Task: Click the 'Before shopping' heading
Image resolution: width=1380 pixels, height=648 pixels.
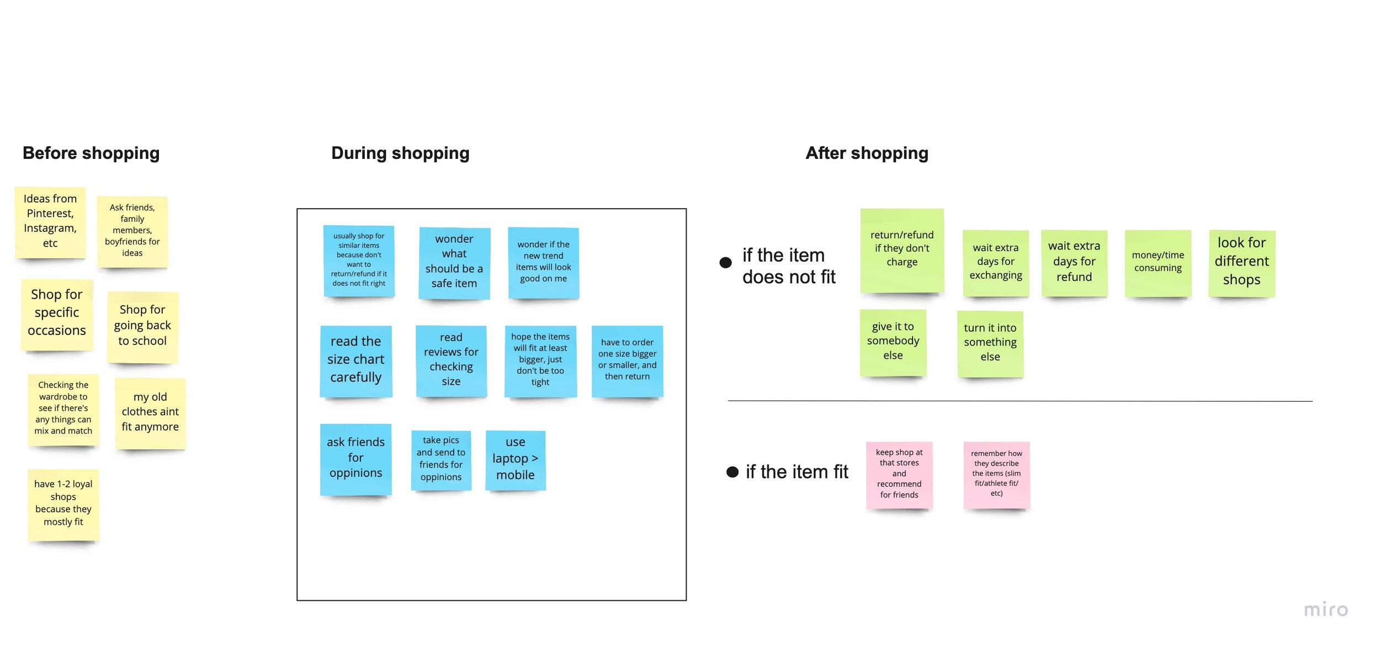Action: point(91,153)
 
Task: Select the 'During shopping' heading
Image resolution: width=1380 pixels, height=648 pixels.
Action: point(400,153)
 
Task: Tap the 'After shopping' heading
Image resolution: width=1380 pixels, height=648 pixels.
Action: point(867,153)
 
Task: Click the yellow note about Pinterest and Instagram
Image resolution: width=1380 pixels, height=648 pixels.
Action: point(50,222)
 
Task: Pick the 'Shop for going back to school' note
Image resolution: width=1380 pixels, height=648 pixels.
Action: point(142,326)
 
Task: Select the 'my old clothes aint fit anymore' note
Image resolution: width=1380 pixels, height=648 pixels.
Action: point(150,412)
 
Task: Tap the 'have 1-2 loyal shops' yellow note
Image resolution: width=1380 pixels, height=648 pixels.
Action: point(63,503)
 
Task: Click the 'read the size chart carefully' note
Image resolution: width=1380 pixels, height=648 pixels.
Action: point(356,360)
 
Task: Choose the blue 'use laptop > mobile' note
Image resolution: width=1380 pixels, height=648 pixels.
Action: point(516,459)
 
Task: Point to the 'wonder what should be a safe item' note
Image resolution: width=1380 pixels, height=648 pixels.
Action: point(454,262)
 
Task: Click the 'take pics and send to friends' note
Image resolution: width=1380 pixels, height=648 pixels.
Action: point(441,459)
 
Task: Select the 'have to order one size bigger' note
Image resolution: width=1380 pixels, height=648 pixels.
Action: point(627,360)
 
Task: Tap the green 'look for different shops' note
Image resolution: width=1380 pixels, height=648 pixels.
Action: point(1241,262)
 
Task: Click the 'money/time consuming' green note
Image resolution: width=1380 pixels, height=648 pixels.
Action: point(1158,262)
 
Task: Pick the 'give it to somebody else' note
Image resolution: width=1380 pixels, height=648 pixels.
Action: point(893,342)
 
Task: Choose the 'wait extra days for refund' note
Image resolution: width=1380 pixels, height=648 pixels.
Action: point(1074,262)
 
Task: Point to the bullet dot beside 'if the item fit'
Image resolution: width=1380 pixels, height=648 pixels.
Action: point(733,472)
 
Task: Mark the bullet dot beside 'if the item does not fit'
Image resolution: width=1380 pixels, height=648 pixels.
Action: point(726,263)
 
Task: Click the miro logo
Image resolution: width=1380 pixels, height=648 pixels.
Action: point(1326,610)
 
